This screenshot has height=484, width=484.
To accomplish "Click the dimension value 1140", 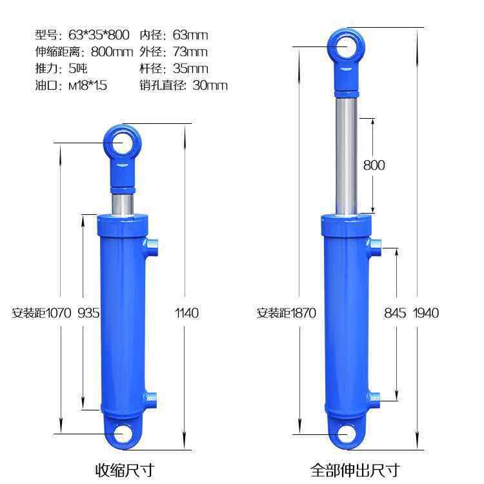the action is tap(187, 313).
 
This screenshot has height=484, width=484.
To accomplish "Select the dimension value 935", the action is tap(88, 313).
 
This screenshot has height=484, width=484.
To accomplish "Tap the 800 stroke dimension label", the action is tap(374, 165).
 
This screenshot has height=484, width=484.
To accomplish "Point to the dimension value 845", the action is tap(395, 313).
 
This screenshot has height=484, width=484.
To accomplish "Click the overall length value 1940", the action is tap(426, 313).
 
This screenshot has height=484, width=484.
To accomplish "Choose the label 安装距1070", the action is tap(41, 313).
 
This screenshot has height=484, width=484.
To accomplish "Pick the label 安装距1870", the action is tap(287, 313).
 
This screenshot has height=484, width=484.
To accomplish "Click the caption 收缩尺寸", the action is tap(125, 470).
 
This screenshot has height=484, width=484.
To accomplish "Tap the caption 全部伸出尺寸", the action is tap(355, 470).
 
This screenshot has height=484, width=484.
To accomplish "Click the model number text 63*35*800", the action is tap(99, 35).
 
